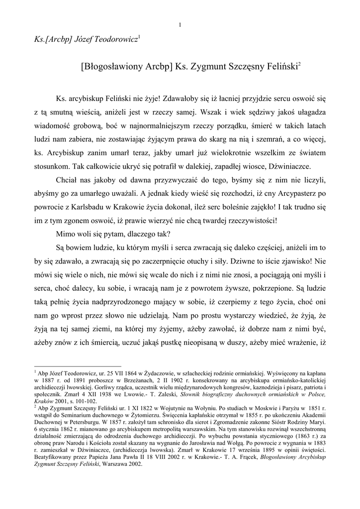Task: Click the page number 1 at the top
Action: point(180,24)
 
